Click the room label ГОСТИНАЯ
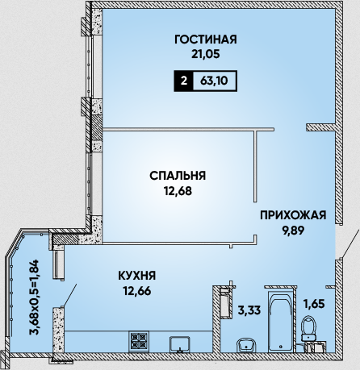pyautogui.click(x=206, y=39)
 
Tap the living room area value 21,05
pyautogui.click(x=206, y=54)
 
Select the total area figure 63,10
pyautogui.click(x=215, y=81)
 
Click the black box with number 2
pyautogui.click(x=183, y=81)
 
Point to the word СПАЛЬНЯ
pyautogui.click(x=178, y=176)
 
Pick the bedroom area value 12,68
pyautogui.click(x=178, y=191)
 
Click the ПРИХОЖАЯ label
pyautogui.click(x=293, y=215)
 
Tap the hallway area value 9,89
pyautogui.click(x=293, y=231)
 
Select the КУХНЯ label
pyautogui.click(x=137, y=276)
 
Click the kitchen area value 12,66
pyautogui.click(x=137, y=291)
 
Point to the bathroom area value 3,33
pyautogui.click(x=249, y=310)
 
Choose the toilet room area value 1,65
pyautogui.click(x=314, y=304)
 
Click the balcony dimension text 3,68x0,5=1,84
pyautogui.click(x=35, y=297)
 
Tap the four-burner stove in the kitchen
pyautogui.click(x=139, y=341)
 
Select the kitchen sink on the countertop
pyautogui.click(x=180, y=343)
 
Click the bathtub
pyautogui.click(x=280, y=322)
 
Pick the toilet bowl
pyautogui.click(x=308, y=328)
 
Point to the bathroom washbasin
pyautogui.click(x=246, y=344)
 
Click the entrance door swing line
pyautogui.click(x=350, y=244)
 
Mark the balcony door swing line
pyautogui.click(x=69, y=295)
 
